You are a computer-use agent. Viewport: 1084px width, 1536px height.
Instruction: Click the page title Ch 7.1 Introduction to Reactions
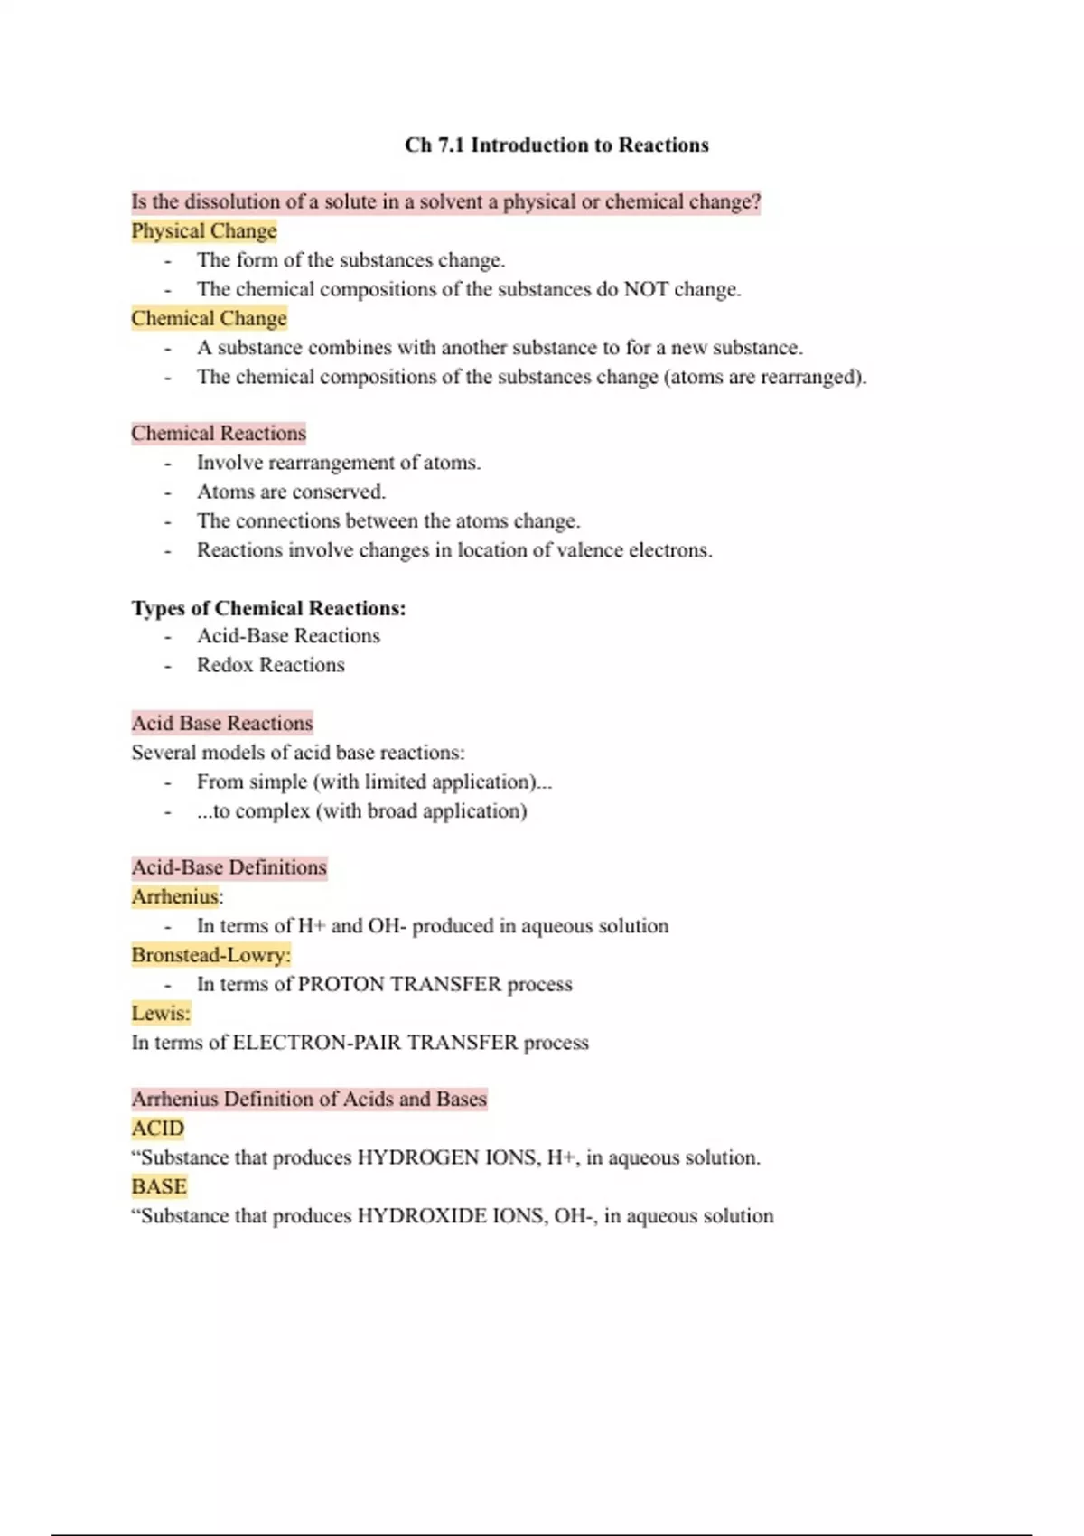556,145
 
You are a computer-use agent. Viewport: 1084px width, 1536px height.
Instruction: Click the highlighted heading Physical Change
204,231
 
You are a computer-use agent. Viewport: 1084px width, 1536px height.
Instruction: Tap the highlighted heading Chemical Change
209,319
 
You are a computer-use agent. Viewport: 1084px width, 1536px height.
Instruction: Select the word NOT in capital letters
646,290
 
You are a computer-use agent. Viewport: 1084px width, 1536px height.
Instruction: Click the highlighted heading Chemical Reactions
219,434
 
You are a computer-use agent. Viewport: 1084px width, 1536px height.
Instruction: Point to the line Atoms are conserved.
291,492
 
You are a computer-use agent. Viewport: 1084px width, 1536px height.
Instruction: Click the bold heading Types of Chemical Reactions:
268,608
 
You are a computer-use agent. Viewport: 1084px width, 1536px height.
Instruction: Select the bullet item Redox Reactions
271,666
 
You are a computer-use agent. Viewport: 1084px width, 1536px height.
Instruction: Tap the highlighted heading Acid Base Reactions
222,724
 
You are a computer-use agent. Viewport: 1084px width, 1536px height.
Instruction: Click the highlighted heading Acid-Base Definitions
229,868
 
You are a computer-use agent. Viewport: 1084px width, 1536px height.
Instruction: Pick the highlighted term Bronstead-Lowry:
211,955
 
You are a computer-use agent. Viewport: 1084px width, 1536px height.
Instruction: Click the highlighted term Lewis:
161,1014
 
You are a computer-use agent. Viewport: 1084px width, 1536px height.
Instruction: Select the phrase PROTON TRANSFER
399,985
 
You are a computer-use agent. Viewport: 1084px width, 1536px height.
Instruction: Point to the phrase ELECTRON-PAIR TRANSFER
375,1043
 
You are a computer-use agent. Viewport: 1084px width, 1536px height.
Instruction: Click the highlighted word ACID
158,1129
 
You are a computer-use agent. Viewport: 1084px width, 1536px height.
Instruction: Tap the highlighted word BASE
159,1187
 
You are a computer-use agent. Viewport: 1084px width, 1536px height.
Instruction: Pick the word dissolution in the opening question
232,202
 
